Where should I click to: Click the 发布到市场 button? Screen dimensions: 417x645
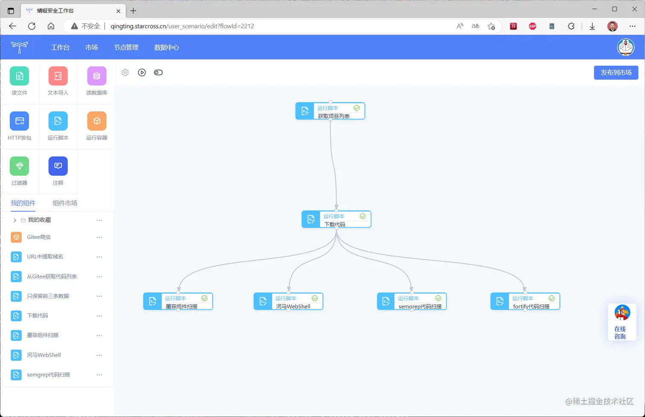(616, 73)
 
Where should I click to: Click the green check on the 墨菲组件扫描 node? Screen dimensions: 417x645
(204, 298)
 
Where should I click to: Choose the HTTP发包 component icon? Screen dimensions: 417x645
(20, 121)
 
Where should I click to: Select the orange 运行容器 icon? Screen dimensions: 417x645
(97, 121)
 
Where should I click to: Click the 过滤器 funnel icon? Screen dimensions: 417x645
(20, 166)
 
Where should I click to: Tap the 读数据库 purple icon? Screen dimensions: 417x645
(97, 76)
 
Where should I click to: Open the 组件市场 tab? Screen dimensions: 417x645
(65, 203)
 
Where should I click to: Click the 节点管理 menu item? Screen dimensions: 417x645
(126, 47)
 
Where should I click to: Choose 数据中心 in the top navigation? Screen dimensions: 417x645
(166, 47)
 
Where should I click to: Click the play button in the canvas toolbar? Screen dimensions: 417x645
(142, 73)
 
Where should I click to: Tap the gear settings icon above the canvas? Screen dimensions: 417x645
(125, 73)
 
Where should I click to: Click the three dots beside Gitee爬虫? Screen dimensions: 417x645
(99, 237)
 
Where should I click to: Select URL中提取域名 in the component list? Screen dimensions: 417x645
(45, 257)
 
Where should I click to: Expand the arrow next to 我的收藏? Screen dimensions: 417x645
(15, 220)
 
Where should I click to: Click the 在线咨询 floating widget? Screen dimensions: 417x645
(622, 322)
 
